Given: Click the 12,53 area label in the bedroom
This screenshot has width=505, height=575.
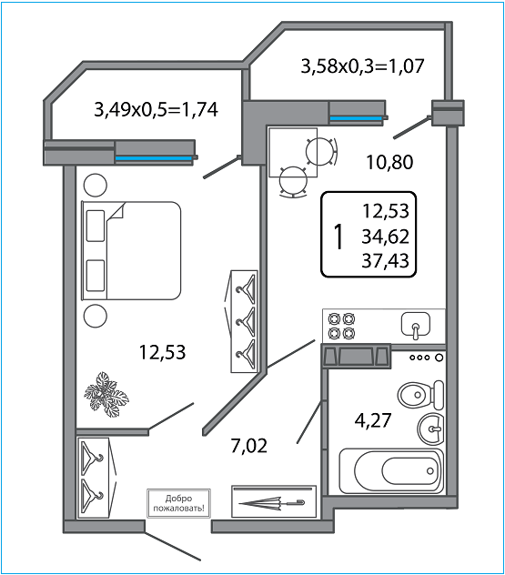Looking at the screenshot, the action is (x=163, y=352).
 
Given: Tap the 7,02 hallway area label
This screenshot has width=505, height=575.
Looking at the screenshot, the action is (x=249, y=446).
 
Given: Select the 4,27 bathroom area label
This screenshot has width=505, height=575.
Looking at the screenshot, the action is (x=373, y=420).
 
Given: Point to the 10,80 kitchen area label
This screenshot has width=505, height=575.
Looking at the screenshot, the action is (x=389, y=162).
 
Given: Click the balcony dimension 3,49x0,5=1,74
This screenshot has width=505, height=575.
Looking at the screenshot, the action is (x=157, y=109).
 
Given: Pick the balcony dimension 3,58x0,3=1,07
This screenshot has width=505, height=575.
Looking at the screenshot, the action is (x=362, y=66).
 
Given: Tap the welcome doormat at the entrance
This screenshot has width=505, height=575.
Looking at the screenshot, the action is (x=178, y=503).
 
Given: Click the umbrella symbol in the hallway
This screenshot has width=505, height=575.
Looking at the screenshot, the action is (x=272, y=503).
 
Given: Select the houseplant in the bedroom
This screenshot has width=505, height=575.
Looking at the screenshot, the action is (x=106, y=394).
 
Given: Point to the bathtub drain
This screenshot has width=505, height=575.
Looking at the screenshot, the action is (x=429, y=471).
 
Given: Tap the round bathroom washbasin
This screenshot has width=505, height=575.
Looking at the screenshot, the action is (x=430, y=429).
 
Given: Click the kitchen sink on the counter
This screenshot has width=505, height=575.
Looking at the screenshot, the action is (x=416, y=325).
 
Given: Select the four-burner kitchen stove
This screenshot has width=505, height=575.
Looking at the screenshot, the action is (x=341, y=326).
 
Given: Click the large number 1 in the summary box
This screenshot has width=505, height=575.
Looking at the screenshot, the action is (x=338, y=237).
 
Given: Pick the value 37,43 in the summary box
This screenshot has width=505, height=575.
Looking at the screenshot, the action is (x=385, y=260).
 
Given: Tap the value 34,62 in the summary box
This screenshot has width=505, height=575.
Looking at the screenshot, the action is (x=385, y=237).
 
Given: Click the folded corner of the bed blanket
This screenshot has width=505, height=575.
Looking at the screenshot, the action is (x=116, y=212).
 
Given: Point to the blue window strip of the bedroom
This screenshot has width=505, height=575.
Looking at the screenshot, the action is (x=154, y=159).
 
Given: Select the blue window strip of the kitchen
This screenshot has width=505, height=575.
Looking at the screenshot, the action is (x=356, y=118).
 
